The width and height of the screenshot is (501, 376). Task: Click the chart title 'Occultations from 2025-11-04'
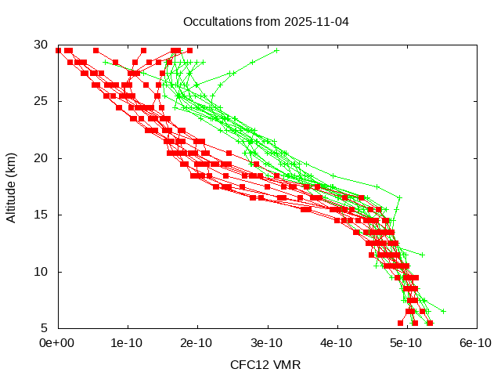(266, 21)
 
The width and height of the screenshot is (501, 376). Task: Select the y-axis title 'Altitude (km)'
(11, 186)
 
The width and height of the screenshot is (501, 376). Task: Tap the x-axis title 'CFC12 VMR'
(265, 364)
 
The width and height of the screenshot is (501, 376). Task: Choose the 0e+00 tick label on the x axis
(57, 342)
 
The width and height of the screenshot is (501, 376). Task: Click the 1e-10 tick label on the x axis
(127, 342)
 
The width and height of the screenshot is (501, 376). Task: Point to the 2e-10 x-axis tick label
(196, 342)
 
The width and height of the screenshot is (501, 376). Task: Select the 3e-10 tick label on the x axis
(267, 342)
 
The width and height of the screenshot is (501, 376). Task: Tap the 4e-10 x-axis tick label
(337, 342)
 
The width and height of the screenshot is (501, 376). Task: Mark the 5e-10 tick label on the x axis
(406, 342)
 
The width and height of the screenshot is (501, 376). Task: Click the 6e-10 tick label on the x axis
(475, 342)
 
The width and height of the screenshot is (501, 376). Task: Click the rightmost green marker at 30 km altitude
(276, 50)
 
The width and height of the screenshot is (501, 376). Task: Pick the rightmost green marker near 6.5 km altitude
(443, 311)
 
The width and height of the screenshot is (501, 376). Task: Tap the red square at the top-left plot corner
(58, 50)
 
